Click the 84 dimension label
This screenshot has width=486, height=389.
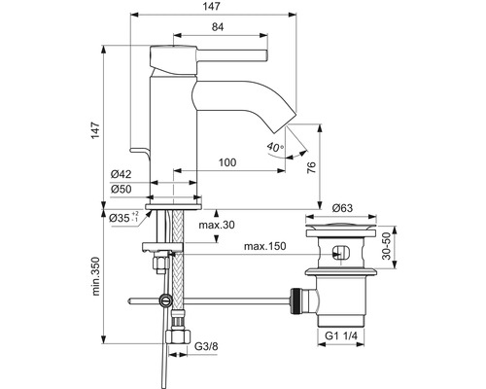[x=218, y=26]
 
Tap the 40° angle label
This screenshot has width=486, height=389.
[x=275, y=147]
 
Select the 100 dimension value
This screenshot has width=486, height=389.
[x=227, y=162]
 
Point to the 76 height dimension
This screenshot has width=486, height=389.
[x=311, y=167]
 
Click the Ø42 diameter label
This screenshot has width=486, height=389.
[x=121, y=174]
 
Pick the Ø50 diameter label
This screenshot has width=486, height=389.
[x=121, y=189]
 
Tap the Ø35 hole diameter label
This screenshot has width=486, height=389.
[x=123, y=218]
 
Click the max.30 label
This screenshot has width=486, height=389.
[x=217, y=225]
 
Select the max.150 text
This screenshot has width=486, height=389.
[x=265, y=246]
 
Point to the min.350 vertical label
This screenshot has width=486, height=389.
[x=95, y=276]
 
